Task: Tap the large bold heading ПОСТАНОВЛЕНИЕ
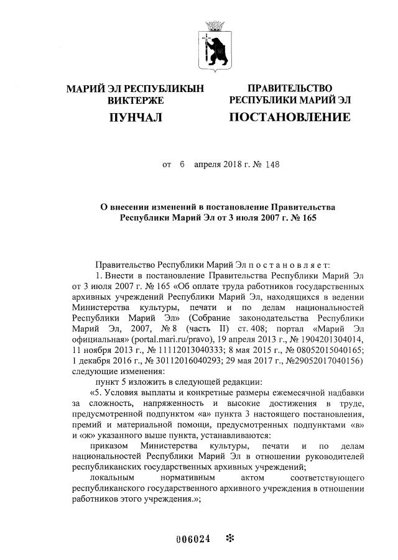(289, 117)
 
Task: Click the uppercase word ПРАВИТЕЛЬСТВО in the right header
(290, 88)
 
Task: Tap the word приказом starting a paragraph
(109, 446)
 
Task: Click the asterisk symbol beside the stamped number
(229, 539)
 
